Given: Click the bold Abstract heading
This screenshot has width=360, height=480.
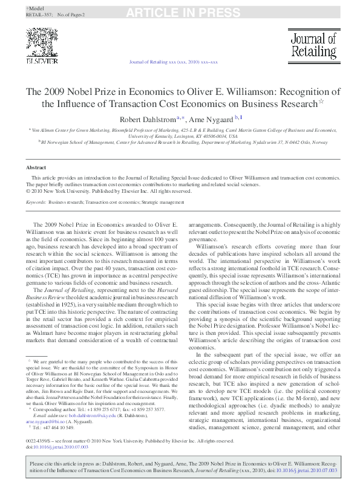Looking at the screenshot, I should point(36,167).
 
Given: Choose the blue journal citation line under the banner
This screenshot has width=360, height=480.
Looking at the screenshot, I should point(174,62).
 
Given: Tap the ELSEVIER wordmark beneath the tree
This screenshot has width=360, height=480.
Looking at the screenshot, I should point(41,61).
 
